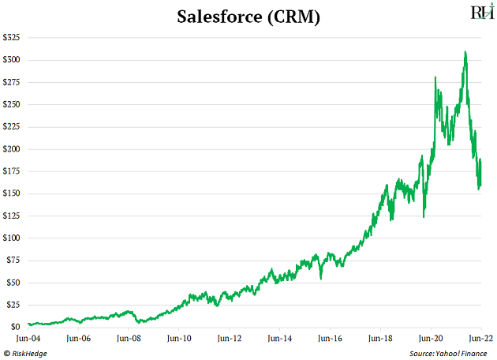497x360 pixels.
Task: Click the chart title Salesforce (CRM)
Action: [x=248, y=17]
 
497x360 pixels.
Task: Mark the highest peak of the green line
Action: [x=465, y=52]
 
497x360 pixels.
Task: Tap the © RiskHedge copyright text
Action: [x=28, y=352]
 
